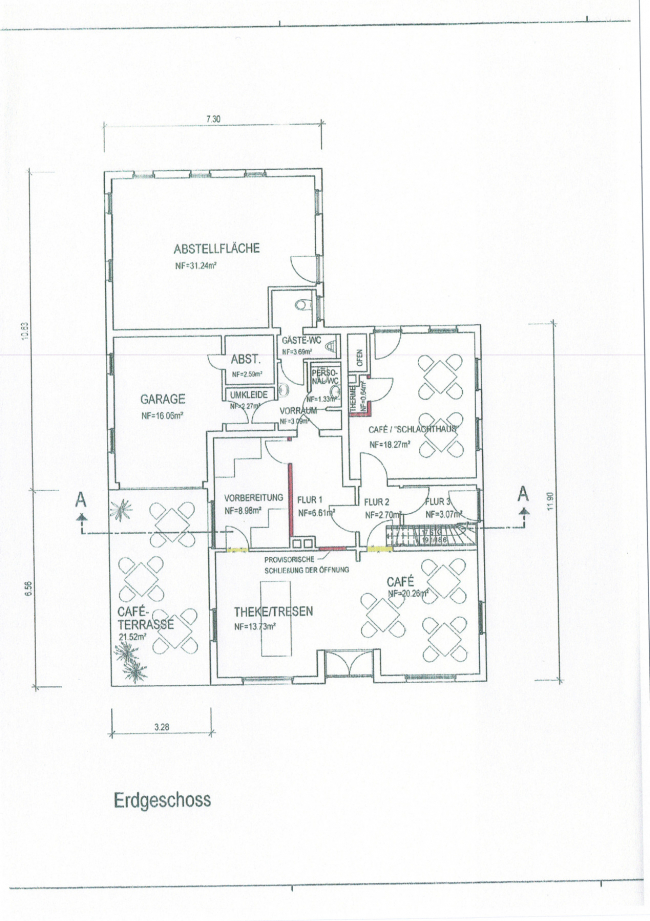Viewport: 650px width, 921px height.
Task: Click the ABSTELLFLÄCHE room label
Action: point(217,249)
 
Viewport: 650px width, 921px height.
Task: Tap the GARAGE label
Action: point(163,398)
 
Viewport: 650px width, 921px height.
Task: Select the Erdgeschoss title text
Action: point(161,801)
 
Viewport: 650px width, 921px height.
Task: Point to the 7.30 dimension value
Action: point(213,119)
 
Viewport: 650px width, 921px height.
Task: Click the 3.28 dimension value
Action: point(160,727)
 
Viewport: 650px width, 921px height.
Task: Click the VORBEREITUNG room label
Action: point(255,497)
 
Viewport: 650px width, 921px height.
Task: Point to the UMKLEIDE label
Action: point(245,395)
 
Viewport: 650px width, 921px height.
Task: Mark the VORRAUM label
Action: point(298,411)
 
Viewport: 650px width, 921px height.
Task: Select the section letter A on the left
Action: point(82,497)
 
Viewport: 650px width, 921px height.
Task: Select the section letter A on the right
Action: point(523,493)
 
